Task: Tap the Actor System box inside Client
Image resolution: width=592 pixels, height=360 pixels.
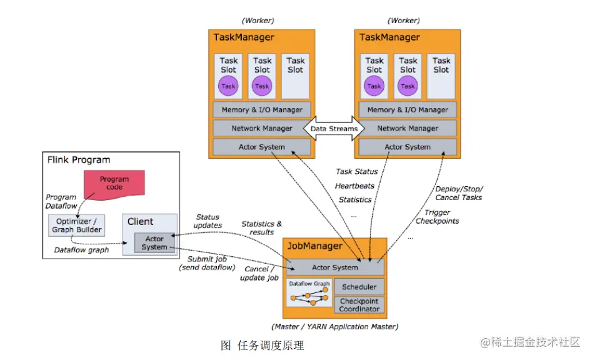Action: coord(154,242)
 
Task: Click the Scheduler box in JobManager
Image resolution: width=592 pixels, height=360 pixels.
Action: coord(359,287)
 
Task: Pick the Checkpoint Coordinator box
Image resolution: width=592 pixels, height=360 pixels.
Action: coord(359,305)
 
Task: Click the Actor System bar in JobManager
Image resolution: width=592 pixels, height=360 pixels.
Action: coord(335,267)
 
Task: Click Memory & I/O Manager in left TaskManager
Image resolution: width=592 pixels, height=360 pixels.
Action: coord(262,110)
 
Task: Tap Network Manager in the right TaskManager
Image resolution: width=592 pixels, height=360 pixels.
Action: coord(408,129)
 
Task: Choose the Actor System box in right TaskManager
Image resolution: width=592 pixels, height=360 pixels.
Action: coord(408,147)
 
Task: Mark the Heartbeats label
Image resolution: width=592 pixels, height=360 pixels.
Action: coord(354,186)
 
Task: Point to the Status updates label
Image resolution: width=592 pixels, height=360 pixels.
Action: coord(208,221)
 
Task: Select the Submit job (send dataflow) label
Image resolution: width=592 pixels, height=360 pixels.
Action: coord(208,263)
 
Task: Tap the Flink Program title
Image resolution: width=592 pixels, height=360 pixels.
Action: coord(79,160)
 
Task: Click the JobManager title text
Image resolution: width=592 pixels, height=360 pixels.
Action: coord(314,246)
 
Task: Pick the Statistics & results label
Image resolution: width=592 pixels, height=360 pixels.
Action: coord(261,227)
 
